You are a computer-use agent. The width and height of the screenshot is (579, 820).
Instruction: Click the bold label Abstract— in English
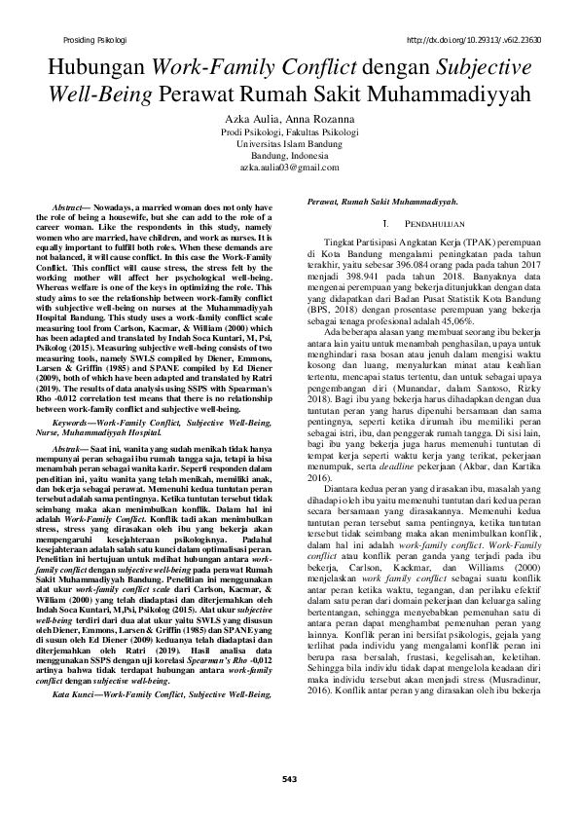click(73, 209)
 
